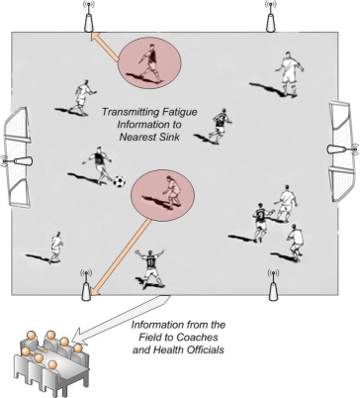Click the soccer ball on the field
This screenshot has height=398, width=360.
point(119,182)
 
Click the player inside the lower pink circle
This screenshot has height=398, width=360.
point(170,190)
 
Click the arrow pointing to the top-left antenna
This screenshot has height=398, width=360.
point(104,41)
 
